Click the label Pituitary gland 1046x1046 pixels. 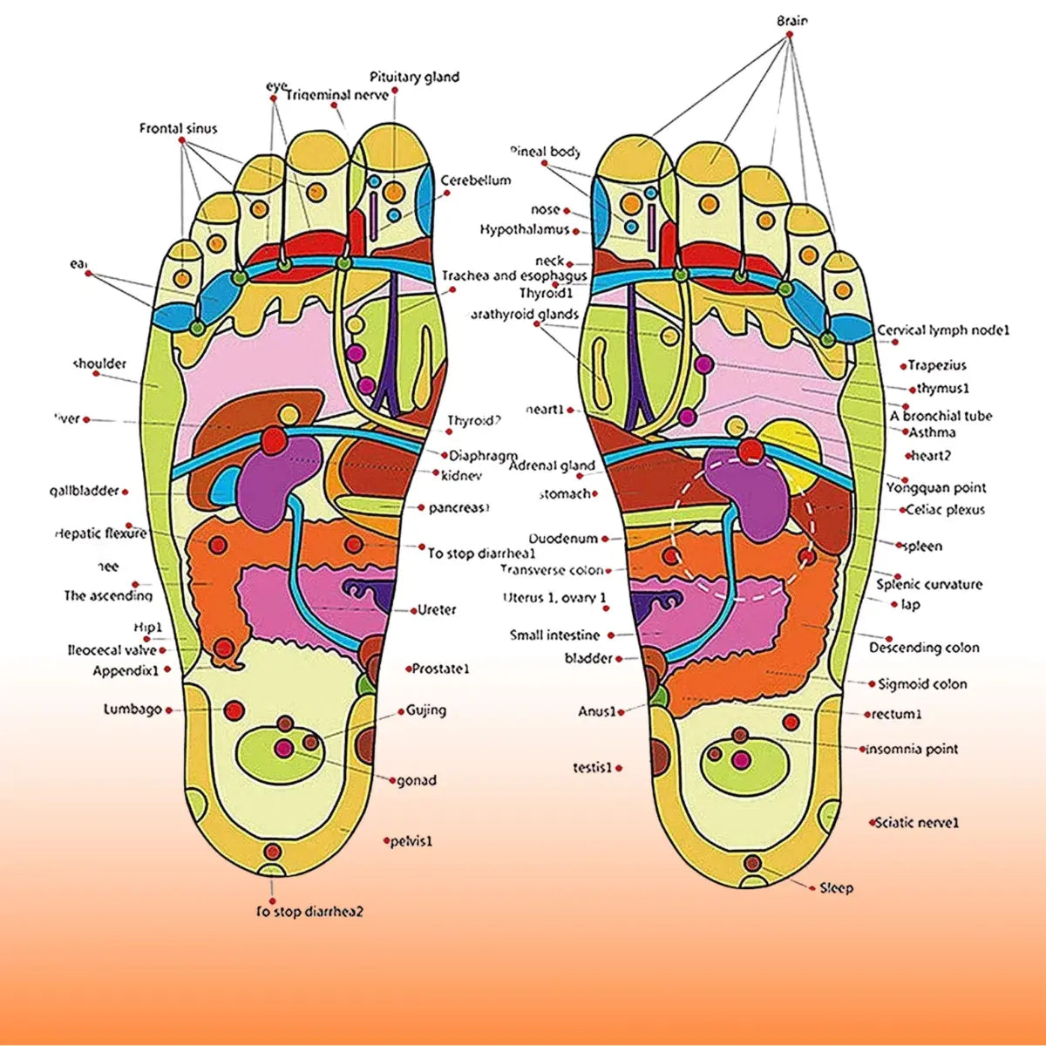414,77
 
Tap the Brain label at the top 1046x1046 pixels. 791,20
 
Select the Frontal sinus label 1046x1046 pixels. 179,128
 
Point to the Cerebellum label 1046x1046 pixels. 475,180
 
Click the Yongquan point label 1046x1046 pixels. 936,488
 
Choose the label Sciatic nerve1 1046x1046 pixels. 917,822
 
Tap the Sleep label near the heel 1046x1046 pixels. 836,888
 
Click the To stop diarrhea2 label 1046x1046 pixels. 309,912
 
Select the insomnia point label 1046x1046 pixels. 911,749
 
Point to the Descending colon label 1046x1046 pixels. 924,648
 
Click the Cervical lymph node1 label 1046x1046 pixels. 943,330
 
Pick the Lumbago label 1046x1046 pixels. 132,710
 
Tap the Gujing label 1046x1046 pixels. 426,710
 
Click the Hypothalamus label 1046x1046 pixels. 524,229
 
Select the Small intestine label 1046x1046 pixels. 554,635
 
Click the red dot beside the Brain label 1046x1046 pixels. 790,35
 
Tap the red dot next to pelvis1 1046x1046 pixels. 386,841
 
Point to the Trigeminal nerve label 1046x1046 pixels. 337,94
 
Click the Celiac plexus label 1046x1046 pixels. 945,509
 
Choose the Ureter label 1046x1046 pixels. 437,610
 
